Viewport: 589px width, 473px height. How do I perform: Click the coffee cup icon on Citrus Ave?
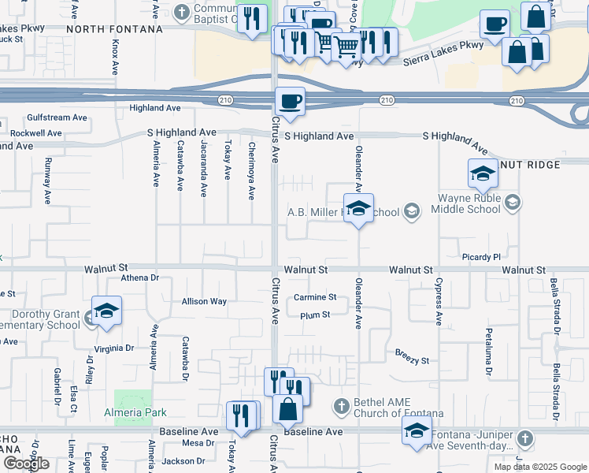coord(291,102)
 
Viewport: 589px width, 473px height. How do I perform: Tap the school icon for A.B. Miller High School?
coord(358,209)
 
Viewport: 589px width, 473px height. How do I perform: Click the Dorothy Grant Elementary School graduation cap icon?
coord(106,311)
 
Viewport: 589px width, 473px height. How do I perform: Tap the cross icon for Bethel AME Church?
coord(341,406)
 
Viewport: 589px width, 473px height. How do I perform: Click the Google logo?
coord(26,464)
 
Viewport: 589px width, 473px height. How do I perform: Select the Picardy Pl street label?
coord(480,257)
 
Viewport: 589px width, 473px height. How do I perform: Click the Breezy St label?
coord(412,360)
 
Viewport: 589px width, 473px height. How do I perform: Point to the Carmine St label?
coord(315,297)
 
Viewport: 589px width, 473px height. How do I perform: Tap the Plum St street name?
coord(314,315)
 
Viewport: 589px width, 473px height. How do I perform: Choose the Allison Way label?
coord(204,301)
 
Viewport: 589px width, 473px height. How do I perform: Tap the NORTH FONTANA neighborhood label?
coord(114,28)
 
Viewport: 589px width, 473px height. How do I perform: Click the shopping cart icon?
coord(346,48)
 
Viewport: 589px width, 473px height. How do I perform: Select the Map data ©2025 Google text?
coord(540,467)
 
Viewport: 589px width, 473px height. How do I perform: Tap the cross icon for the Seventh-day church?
coord(525,438)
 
